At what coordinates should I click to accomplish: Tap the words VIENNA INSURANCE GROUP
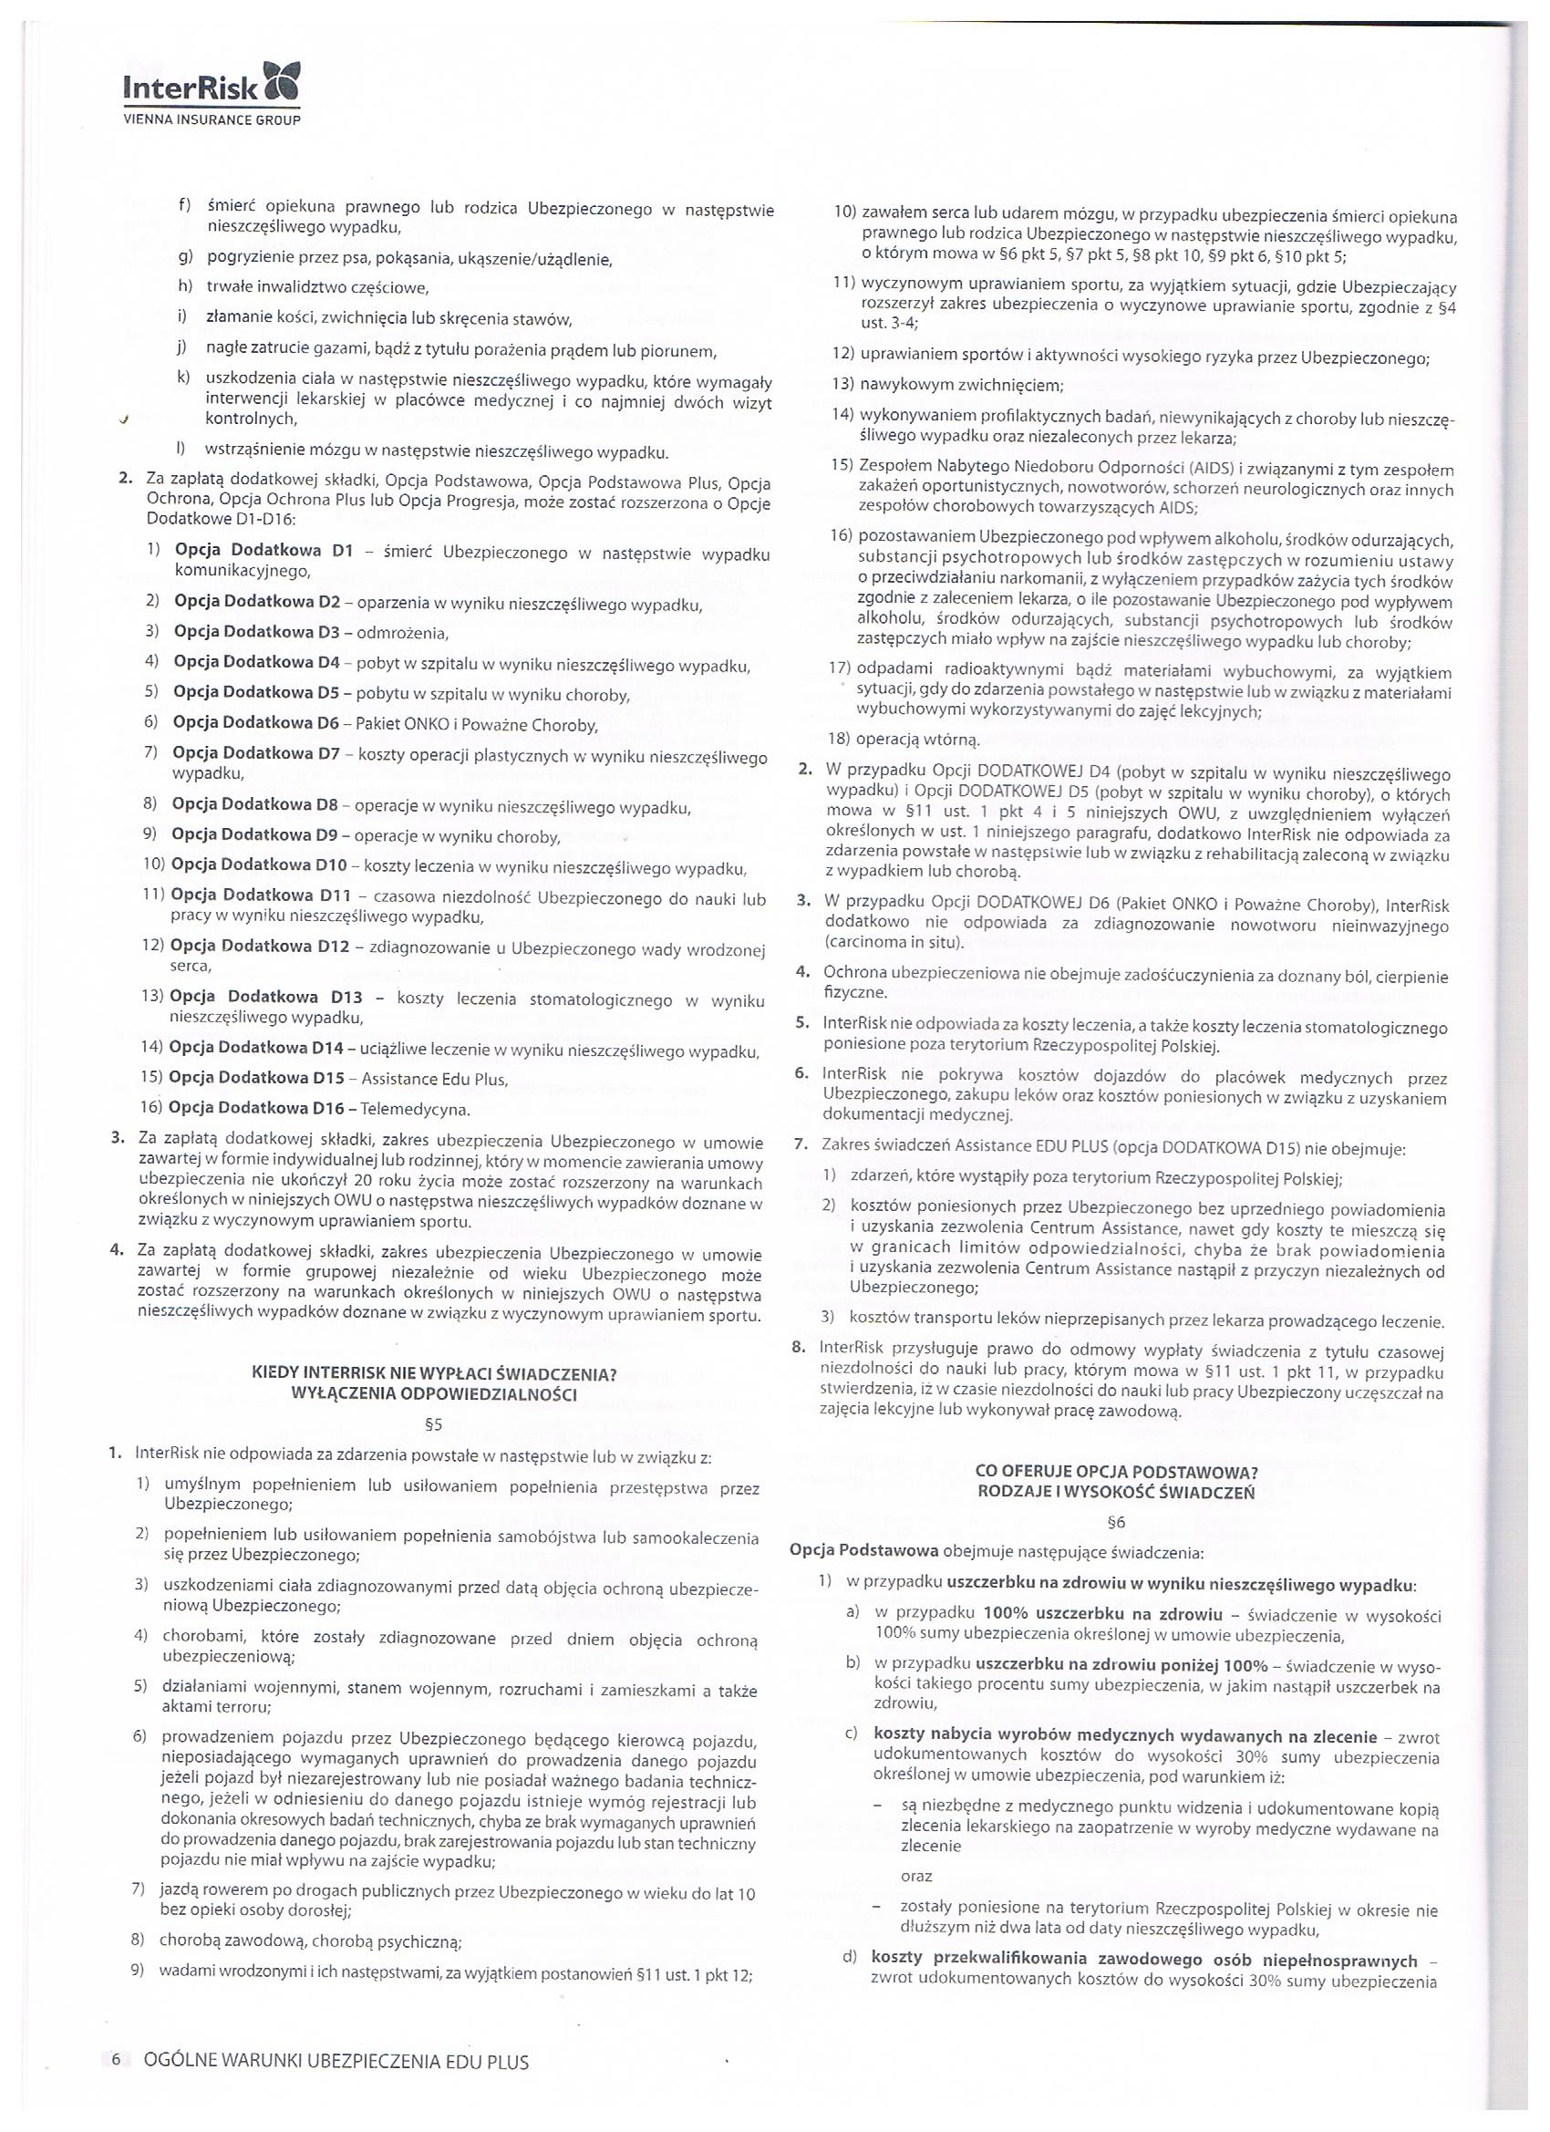[x=212, y=120]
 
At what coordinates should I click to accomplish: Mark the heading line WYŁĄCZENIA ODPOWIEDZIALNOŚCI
[x=434, y=1394]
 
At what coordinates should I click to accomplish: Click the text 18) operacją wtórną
[x=904, y=739]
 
